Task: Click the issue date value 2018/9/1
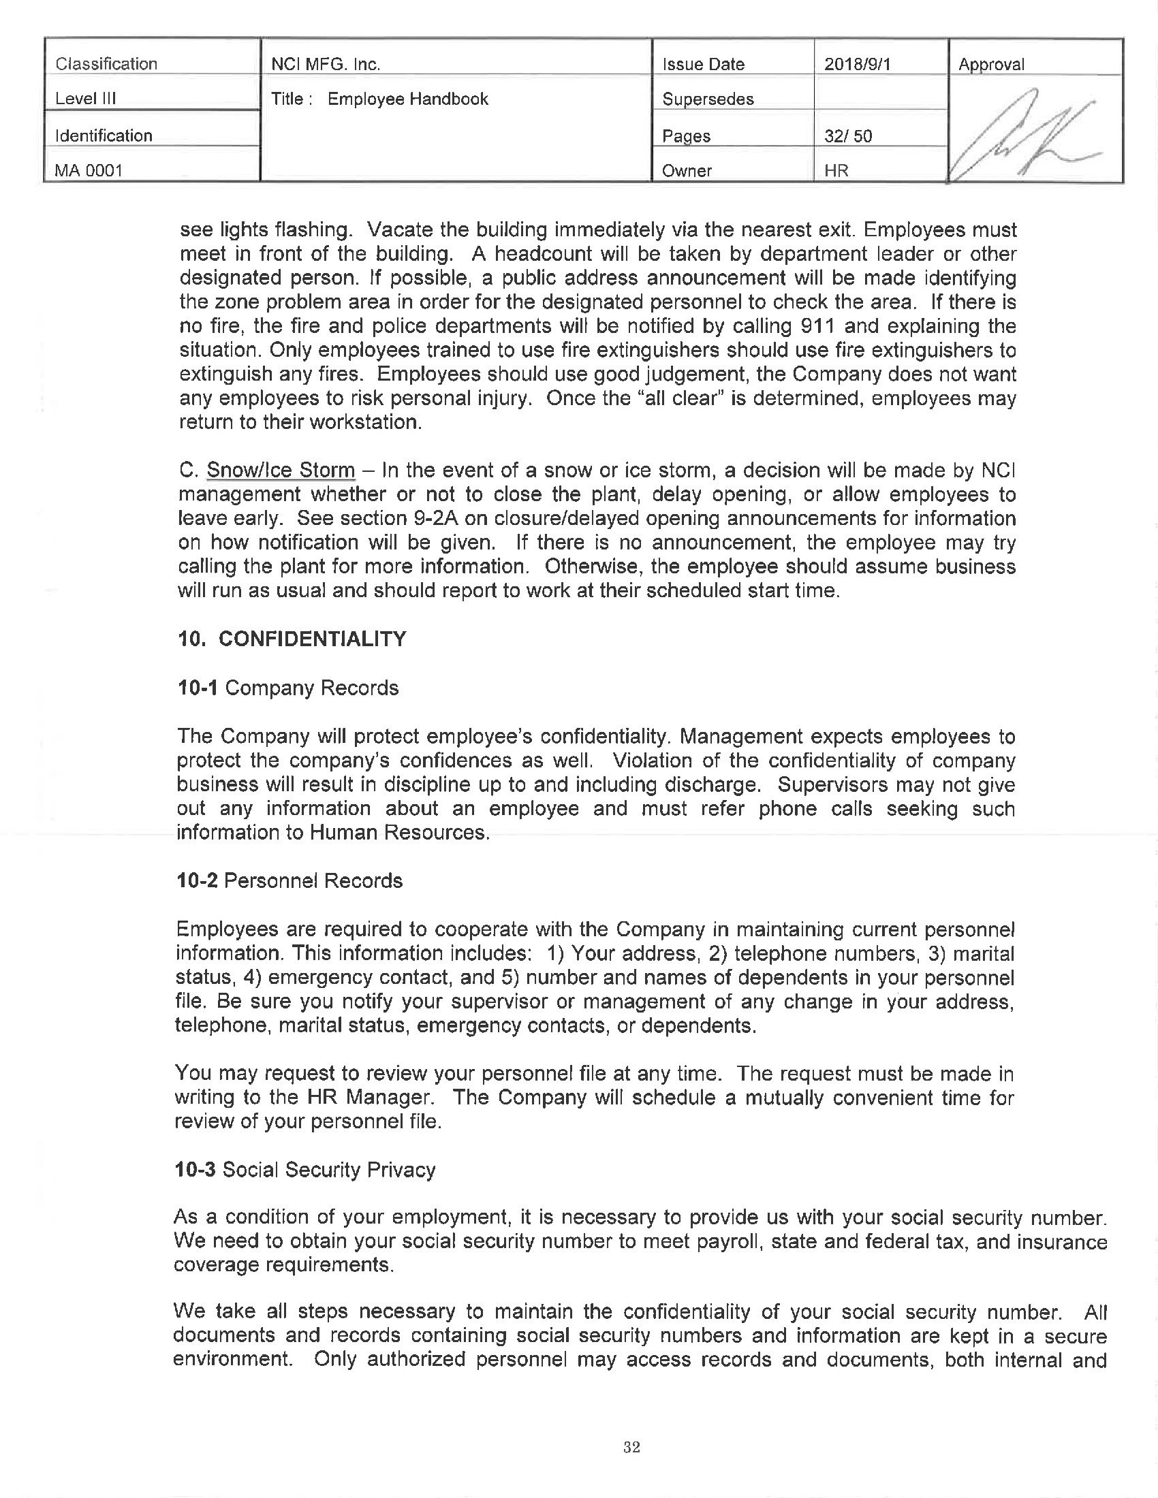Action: coord(857,64)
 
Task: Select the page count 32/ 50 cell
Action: coord(848,136)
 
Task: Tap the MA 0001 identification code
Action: coord(89,170)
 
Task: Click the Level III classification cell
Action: coord(86,99)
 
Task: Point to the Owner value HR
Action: coord(836,170)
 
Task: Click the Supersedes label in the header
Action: coord(707,99)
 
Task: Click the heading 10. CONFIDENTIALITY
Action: coord(292,639)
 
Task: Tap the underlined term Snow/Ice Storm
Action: coord(281,471)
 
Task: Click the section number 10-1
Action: coord(198,687)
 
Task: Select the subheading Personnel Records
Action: coord(313,880)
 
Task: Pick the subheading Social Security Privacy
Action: coord(329,1169)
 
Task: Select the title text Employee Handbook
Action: coord(407,99)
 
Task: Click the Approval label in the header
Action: coord(990,65)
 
